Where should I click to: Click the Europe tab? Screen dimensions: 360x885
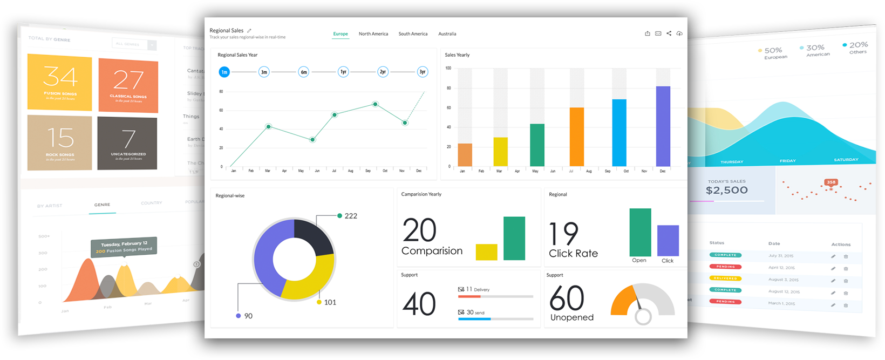(x=341, y=34)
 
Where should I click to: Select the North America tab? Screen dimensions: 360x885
(x=373, y=34)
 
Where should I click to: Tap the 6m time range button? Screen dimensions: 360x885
(x=304, y=72)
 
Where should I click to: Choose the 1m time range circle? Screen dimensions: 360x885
(x=224, y=72)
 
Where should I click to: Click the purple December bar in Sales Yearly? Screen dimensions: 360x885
(x=663, y=127)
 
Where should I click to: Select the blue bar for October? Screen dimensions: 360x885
(x=619, y=133)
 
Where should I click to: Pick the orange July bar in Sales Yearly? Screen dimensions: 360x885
(x=577, y=137)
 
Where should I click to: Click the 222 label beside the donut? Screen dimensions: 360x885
(x=351, y=216)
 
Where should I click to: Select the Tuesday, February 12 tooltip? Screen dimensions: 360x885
(x=124, y=247)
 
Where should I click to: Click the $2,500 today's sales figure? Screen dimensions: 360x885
(x=726, y=191)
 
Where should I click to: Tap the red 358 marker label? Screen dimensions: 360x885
(x=831, y=182)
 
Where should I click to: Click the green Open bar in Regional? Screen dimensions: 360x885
(x=640, y=232)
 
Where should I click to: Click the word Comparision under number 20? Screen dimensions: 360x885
(x=432, y=251)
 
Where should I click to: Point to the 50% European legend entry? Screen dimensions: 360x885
(x=773, y=51)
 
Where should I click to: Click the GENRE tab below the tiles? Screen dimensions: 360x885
(x=102, y=205)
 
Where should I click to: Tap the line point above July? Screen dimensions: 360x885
(x=335, y=115)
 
